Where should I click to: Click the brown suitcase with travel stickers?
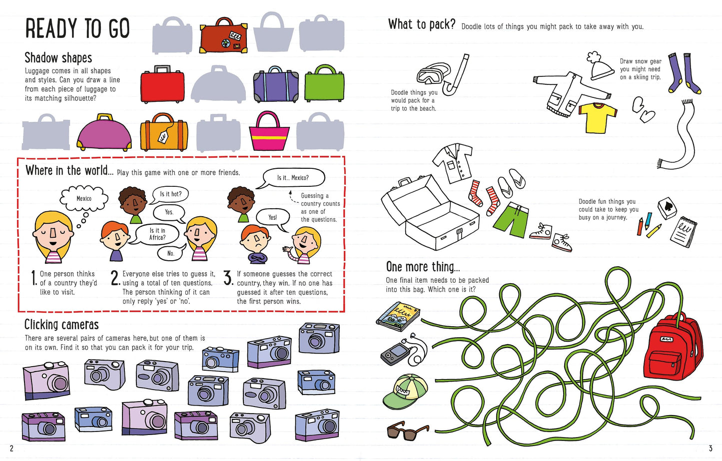tap(223, 36)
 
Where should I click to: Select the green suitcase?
tap(324, 85)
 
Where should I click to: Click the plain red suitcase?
tap(162, 86)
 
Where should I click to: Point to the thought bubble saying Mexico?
tap(83, 199)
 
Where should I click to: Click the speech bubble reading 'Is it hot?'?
tap(171, 194)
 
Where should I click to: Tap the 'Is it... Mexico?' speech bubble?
tap(293, 178)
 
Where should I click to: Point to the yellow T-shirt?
tap(598, 117)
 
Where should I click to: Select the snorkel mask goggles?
tap(433, 74)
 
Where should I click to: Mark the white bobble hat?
tap(601, 66)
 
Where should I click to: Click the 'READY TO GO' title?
tap(77, 28)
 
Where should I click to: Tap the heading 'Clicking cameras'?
tap(61, 325)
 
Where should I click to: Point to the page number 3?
tap(710, 448)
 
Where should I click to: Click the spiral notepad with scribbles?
tap(683, 232)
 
